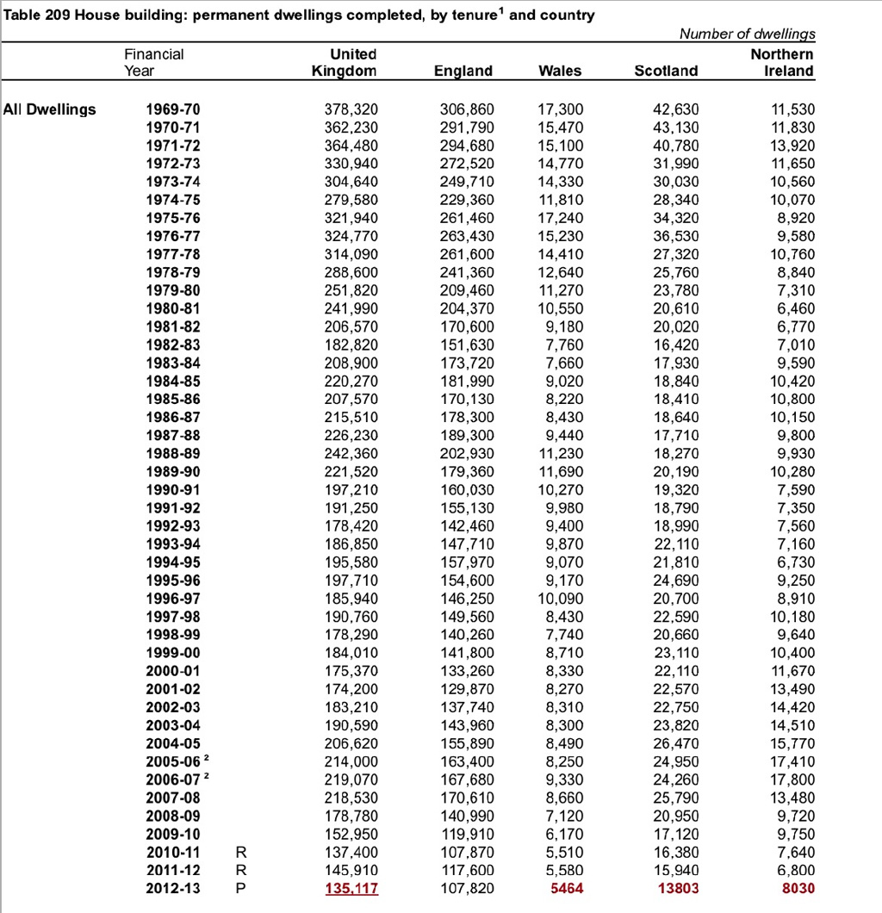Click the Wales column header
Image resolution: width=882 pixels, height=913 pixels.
pyautogui.click(x=559, y=71)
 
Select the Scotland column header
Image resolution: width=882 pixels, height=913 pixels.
pyautogui.click(x=666, y=71)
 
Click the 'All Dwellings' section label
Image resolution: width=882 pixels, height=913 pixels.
pyautogui.click(x=49, y=109)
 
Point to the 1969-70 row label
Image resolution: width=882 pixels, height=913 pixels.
pyautogui.click(x=172, y=109)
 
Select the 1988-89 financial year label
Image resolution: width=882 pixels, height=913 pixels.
pyautogui.click(x=172, y=454)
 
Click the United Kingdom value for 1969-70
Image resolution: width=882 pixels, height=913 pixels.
pyautogui.click(x=351, y=109)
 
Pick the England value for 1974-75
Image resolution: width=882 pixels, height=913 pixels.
pyautogui.click(x=467, y=200)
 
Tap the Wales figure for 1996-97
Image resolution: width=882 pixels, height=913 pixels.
pyautogui.click(x=560, y=599)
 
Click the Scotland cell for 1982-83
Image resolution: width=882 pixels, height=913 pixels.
pyautogui.click(x=675, y=345)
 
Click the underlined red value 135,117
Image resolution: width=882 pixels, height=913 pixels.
pyautogui.click(x=351, y=888)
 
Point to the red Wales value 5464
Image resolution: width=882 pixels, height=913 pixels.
pyautogui.click(x=566, y=888)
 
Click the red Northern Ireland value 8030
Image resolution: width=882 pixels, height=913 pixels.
pyautogui.click(x=797, y=888)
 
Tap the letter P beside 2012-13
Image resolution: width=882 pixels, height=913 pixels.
pyautogui.click(x=240, y=888)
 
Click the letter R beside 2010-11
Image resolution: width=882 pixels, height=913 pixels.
pyautogui.click(x=240, y=852)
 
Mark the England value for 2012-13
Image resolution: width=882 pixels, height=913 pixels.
pyautogui.click(x=467, y=888)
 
